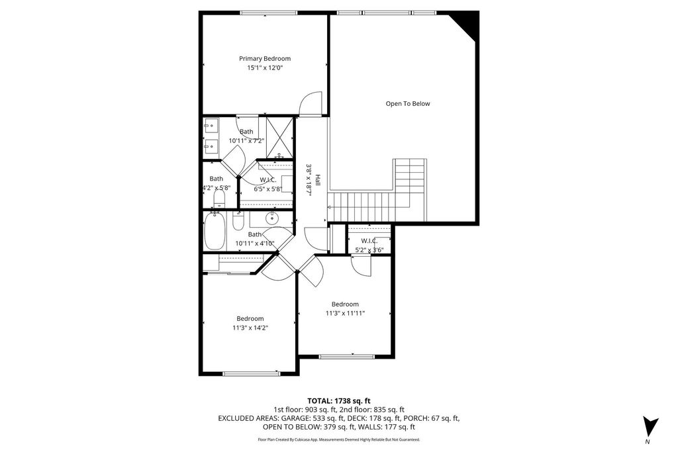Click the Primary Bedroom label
(265, 58)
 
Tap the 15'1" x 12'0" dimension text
(265, 68)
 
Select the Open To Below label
(408, 104)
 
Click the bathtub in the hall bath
(215, 231)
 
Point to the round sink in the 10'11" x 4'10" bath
(272, 218)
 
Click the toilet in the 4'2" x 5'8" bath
(220, 199)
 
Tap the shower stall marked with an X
(279, 138)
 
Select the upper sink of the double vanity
(211, 126)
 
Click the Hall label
(318, 180)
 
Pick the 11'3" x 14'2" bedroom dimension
(250, 328)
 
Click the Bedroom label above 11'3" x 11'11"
(345, 304)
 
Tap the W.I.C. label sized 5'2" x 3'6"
(369, 241)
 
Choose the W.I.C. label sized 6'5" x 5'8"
(268, 180)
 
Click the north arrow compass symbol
(650, 426)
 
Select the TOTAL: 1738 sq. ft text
(338, 401)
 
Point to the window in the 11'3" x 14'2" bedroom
(251, 373)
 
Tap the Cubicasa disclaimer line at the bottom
(338, 439)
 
